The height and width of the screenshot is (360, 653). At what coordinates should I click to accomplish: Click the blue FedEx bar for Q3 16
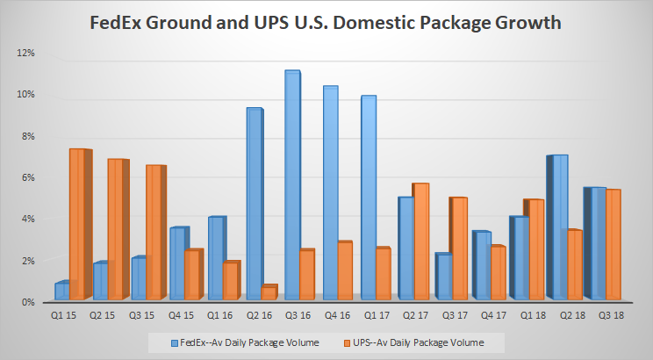click(x=291, y=184)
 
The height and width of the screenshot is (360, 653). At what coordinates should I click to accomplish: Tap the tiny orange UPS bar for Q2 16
click(x=269, y=292)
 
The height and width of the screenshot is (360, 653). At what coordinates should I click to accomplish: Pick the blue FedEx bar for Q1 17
click(x=368, y=198)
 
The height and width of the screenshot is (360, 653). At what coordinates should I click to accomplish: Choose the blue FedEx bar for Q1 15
click(x=61, y=291)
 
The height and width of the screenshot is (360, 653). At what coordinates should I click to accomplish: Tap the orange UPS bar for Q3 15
click(x=153, y=232)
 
